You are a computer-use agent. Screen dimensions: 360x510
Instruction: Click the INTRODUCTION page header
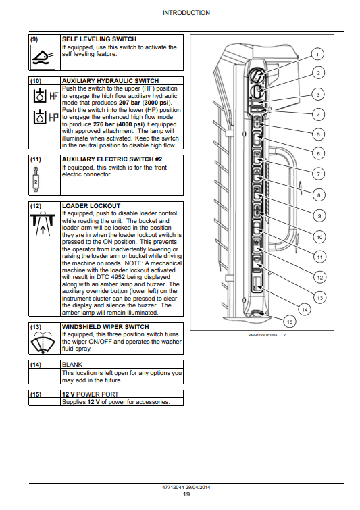pos(186,13)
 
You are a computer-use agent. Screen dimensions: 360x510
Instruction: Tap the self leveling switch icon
pos(43,57)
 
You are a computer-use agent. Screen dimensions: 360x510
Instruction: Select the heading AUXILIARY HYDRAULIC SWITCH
pos(111,81)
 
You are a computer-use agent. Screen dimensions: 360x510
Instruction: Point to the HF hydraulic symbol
pos(46,96)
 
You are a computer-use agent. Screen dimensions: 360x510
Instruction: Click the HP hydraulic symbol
pos(46,117)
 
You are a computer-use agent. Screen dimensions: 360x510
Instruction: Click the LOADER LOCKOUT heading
pos(91,206)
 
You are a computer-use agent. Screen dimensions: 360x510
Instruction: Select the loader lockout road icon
pos(43,223)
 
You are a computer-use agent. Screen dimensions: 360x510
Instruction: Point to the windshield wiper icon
pos(43,342)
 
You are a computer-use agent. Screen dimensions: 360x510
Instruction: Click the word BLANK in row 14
pos(72,365)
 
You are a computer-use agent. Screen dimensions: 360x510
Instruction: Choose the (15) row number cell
pos(36,394)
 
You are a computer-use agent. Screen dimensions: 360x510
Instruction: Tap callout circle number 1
pos(317,54)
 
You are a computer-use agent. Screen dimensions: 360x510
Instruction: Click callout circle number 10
pos(319,237)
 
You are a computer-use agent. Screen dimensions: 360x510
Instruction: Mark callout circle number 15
pos(290,322)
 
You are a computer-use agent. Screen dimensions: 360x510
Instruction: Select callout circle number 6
pos(318,153)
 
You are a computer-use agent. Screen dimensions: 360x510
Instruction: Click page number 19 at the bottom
pos(186,494)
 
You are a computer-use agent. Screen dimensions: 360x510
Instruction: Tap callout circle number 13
pos(320,298)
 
